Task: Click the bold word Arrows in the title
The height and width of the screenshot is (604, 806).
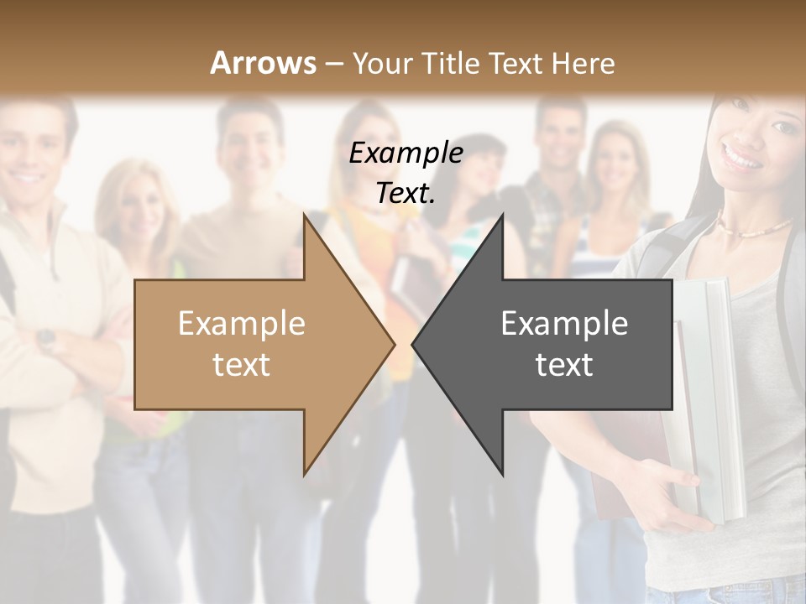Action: (263, 63)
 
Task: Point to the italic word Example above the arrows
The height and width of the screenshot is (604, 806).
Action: (406, 154)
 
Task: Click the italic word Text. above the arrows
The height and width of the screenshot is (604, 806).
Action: (406, 194)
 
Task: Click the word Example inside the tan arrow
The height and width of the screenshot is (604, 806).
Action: (242, 323)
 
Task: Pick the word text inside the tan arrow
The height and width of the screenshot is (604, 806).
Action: (242, 364)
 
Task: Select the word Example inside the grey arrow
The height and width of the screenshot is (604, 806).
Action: (564, 323)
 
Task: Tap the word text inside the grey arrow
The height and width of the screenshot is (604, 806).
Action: (564, 364)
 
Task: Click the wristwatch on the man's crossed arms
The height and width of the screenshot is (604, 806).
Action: (46, 339)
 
